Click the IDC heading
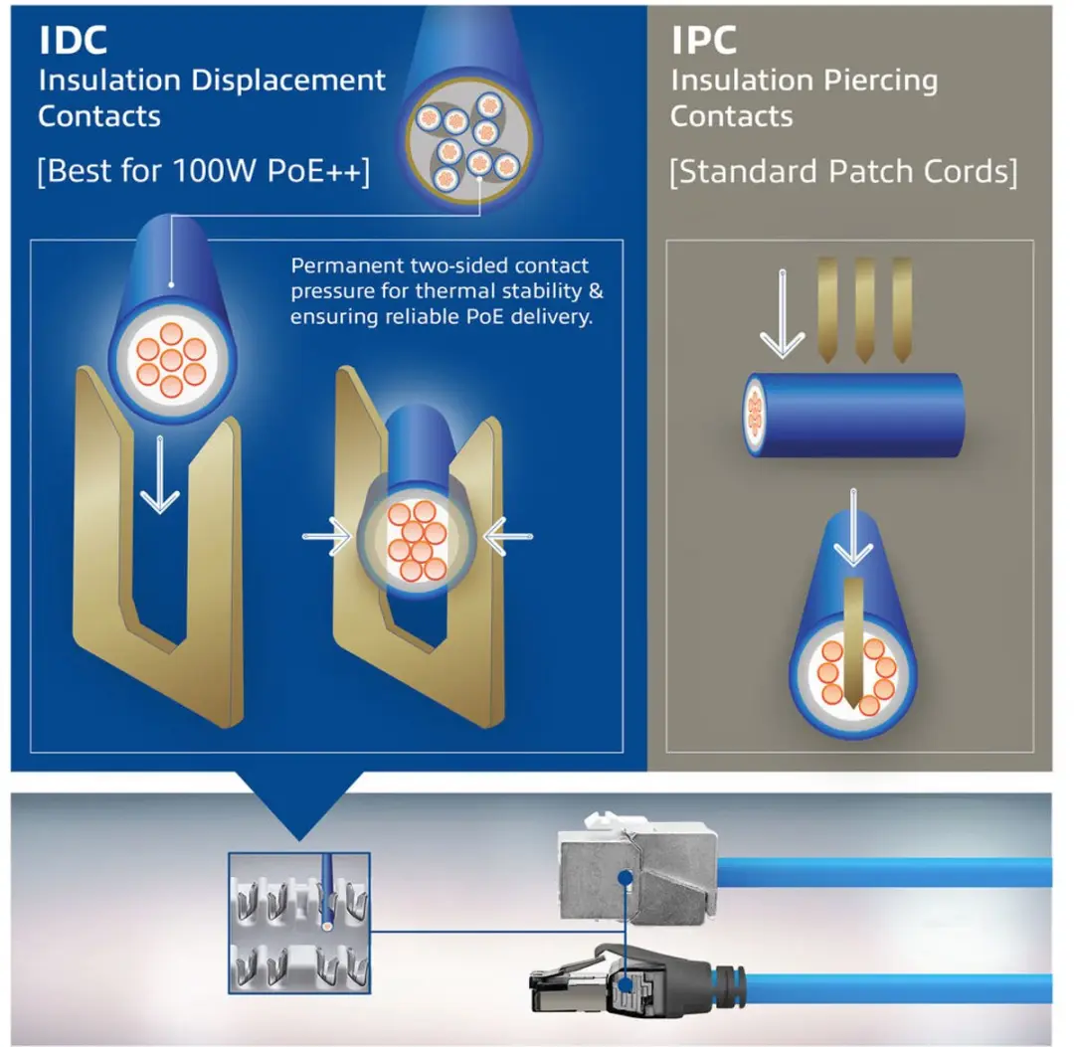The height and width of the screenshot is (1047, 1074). [73, 40]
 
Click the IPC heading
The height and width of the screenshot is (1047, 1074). [703, 40]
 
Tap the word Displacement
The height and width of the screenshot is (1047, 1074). [288, 81]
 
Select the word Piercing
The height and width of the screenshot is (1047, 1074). [880, 81]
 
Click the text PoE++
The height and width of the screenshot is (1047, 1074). [314, 170]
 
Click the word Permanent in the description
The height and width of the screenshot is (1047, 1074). [347, 265]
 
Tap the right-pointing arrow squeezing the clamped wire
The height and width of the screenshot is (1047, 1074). [327, 536]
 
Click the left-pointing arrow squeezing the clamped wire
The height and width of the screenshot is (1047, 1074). [507, 536]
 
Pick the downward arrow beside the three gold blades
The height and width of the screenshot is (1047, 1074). [783, 313]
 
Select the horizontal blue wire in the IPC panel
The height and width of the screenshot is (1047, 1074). [853, 415]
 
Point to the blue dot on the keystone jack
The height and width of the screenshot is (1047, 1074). [624, 877]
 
